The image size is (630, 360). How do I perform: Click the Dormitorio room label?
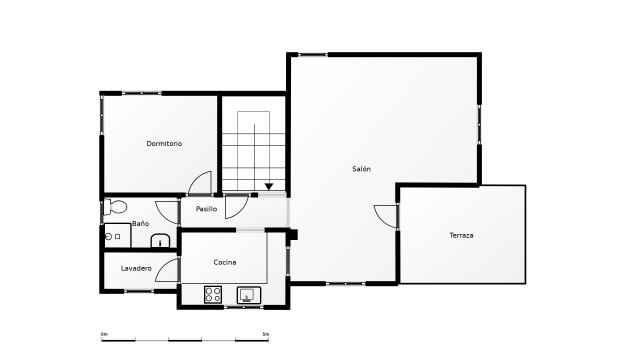coord(164,143)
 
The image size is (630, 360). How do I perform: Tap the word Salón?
coord(362,169)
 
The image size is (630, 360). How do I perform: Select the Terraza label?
coord(461,235)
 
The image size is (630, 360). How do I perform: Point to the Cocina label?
coord(225,262)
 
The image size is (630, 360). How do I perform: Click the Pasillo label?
coord(206,209)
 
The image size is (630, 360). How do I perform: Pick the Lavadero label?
coord(136,268)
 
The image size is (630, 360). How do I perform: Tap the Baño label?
coord(140,224)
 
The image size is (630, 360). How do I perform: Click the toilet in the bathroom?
coord(115,207)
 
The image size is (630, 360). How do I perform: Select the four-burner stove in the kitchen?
coord(213,294)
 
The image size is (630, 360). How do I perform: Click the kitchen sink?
coord(249,295)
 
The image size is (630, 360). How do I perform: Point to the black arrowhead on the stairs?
coord(269,187)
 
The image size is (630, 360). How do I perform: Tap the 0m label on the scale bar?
coord(104,334)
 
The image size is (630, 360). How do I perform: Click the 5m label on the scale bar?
coord(265,334)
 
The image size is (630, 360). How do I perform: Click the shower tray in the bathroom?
coord(117,235)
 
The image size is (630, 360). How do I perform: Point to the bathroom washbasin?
coord(160,241)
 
